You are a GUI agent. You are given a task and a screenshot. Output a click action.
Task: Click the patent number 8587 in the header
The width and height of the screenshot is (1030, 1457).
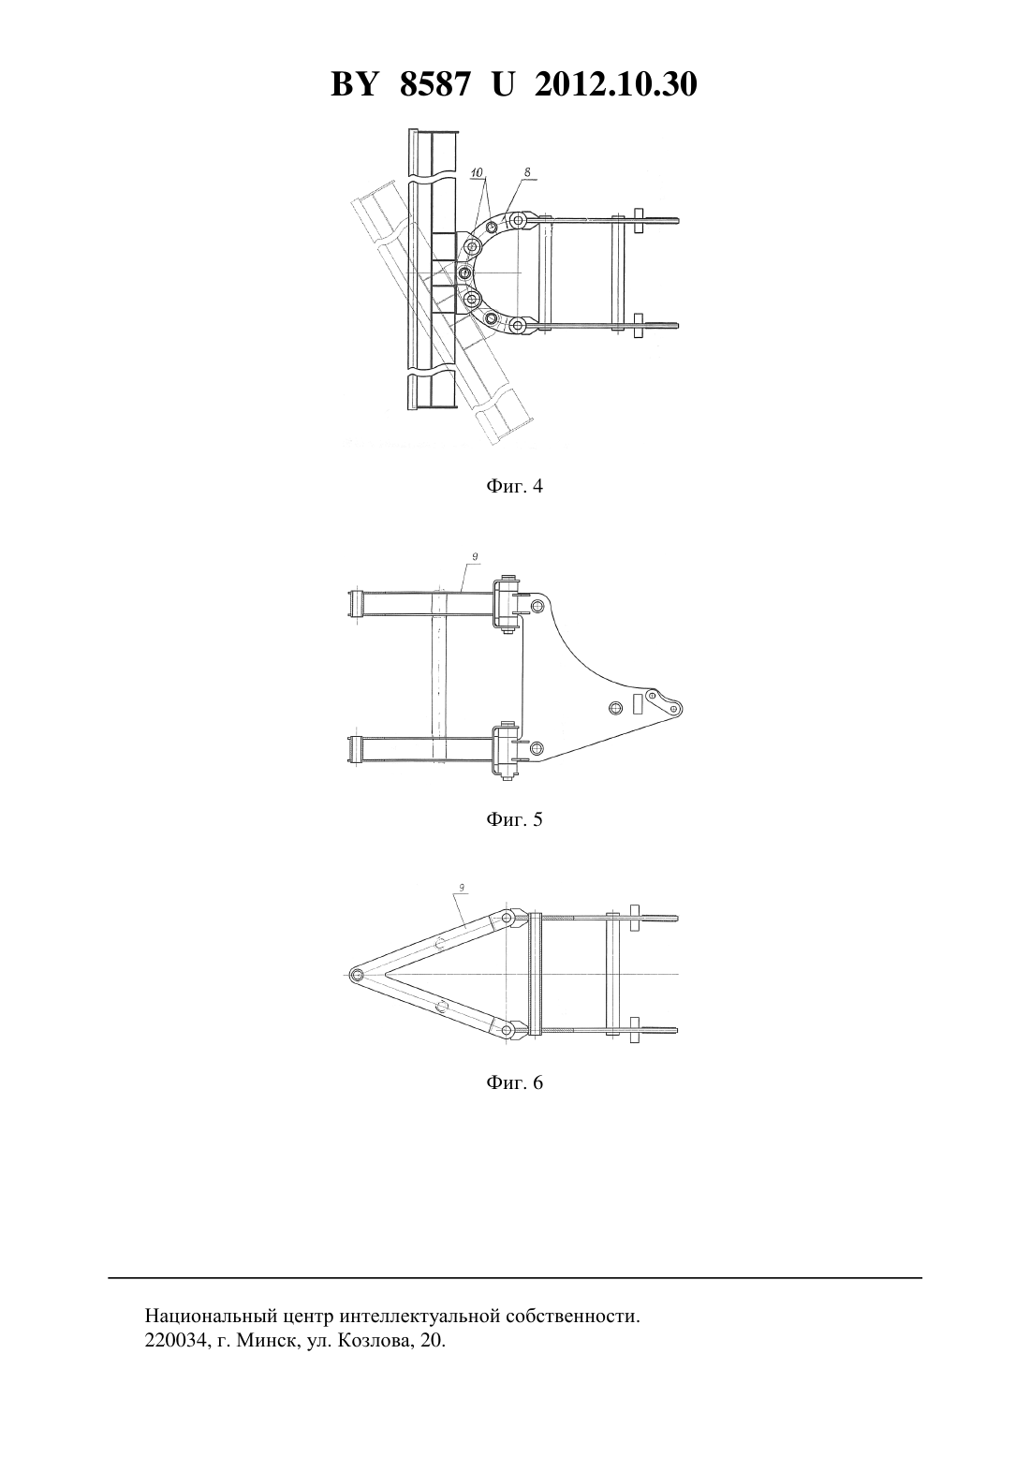(x=434, y=84)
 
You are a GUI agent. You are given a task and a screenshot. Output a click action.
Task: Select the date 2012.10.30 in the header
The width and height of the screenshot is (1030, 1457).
(x=616, y=84)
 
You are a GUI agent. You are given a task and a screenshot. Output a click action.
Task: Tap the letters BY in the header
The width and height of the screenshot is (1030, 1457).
(x=354, y=84)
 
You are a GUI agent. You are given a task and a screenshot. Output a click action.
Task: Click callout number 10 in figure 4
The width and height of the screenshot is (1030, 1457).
(x=478, y=172)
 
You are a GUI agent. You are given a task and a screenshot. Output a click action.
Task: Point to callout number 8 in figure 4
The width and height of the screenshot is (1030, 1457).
(x=526, y=171)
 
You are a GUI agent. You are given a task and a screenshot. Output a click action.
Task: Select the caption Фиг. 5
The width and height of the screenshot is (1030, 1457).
(x=514, y=819)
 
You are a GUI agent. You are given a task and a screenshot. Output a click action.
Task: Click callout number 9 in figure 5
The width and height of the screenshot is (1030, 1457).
(x=476, y=556)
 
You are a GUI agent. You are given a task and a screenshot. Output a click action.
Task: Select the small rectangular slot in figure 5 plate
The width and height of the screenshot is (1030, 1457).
(x=638, y=703)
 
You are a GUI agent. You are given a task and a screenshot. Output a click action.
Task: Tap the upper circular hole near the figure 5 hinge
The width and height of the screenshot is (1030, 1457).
(x=537, y=607)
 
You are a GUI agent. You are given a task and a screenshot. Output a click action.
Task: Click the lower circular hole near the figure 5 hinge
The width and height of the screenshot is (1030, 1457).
(x=537, y=746)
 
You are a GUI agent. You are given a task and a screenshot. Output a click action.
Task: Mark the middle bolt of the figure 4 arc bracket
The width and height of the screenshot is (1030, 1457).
(x=464, y=272)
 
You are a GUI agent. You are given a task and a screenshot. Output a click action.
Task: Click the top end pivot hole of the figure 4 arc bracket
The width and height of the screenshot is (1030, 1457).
(x=520, y=220)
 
